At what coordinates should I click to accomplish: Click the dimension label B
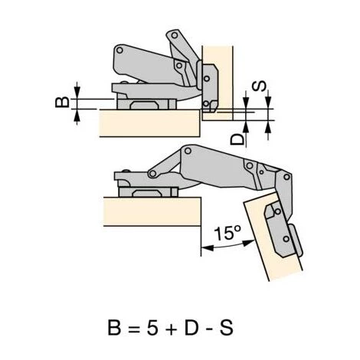pyautogui.click(x=62, y=103)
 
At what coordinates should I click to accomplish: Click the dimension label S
pyautogui.click(x=259, y=86)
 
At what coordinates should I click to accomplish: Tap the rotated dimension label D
pyautogui.click(x=237, y=139)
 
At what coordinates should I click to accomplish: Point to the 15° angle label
pyautogui.click(x=227, y=233)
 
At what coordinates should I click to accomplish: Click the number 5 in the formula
pyautogui.click(x=152, y=327)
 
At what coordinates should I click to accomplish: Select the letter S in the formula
pyautogui.click(x=226, y=327)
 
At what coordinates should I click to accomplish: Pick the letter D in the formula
pyautogui.click(x=191, y=327)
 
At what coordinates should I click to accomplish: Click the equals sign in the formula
pyautogui.click(x=134, y=328)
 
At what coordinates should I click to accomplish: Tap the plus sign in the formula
pyautogui.click(x=171, y=328)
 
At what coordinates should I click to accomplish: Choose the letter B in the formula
pyautogui.click(x=114, y=327)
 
